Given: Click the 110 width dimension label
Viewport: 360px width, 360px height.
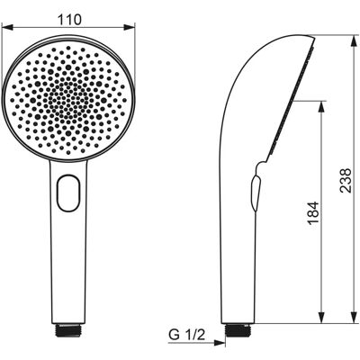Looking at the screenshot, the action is point(69,20).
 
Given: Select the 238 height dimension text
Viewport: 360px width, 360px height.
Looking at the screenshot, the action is point(346,180).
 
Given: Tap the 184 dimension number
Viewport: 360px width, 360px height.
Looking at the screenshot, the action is point(312,213).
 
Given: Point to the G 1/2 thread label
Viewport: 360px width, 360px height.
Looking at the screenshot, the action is point(186,335).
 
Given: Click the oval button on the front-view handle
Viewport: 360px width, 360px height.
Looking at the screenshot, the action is point(68,193).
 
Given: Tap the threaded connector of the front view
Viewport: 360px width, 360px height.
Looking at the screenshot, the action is point(68,329).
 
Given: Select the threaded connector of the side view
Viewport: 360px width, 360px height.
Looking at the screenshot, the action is point(238,329).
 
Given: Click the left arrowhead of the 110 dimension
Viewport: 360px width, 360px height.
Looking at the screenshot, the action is point(7,28).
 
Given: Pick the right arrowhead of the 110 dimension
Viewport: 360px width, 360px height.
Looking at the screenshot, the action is point(130,28).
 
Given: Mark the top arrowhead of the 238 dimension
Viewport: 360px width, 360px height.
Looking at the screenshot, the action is point(355,41).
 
